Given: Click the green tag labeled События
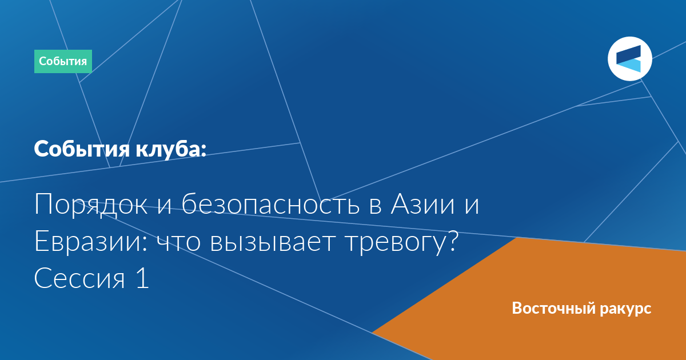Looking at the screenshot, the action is coord(63,61).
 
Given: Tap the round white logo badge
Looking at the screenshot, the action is coord(629,59).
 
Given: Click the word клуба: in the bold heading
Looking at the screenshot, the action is coord(171,149).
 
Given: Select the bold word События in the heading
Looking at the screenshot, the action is coord(82,149).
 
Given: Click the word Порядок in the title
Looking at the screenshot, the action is coord(91,205).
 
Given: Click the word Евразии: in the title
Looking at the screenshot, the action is coord(91,241).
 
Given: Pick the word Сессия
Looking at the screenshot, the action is coord(79,278).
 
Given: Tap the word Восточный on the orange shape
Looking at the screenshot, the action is coord(554,308).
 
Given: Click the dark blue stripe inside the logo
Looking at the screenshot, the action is coord(628,54).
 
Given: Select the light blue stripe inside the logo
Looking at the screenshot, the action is coord(629,66).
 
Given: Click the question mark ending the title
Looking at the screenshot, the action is coord(452,241).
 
